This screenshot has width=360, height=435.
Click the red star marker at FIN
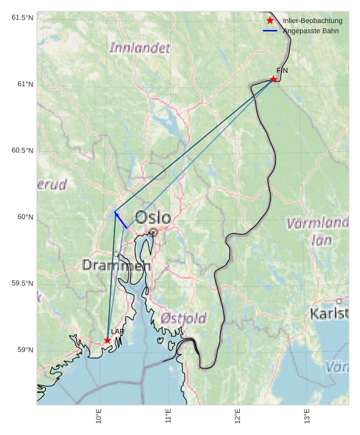coord(274,79)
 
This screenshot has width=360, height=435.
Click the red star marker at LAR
coord(107,340)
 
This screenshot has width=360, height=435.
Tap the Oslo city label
coord(153,218)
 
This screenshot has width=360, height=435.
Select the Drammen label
coord(116,265)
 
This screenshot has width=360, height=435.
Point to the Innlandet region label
coord(140,48)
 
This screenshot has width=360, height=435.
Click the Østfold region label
coord(184,318)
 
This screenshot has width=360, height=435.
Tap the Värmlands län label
coord(318,231)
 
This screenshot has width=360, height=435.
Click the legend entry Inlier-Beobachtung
coord(312,21)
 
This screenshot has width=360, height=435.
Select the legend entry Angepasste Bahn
coord(311,31)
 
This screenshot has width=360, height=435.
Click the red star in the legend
coord(270,21)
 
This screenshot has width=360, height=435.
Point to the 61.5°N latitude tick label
coord(22,17)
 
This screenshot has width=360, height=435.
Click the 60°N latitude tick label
coord(25,217)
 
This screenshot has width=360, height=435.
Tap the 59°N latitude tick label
coord(25,350)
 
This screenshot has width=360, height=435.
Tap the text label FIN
coord(282,71)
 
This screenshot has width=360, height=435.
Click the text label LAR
coord(118,332)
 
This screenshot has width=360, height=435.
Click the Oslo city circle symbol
coord(153,233)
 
